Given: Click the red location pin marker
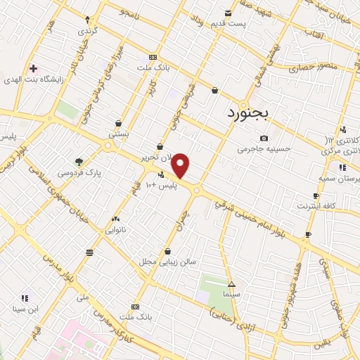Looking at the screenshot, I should [x=181, y=166].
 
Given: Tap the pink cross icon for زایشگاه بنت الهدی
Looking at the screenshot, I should [x=32, y=68].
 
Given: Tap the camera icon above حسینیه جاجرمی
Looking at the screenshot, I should [x=264, y=138].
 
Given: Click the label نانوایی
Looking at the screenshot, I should [x=116, y=229].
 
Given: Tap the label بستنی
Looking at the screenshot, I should [x=118, y=132].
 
